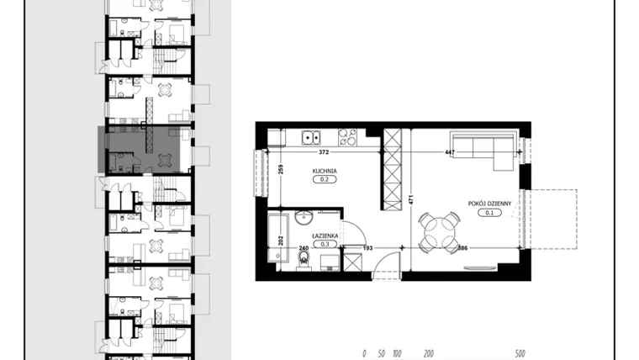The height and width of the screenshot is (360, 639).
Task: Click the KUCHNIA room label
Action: [x=325, y=172]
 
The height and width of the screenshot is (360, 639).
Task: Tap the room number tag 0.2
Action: [x=325, y=179]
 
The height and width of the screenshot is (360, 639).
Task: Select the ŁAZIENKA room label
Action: [x=325, y=236]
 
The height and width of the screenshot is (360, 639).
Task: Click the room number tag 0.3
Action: [x=325, y=244]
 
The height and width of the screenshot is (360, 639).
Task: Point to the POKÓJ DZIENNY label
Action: [x=489, y=204]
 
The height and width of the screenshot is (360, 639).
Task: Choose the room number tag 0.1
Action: [x=489, y=213]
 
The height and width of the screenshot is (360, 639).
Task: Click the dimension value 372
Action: [x=324, y=152]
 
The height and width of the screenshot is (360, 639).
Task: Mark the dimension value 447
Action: [x=450, y=152]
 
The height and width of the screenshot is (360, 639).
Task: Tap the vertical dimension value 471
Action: [x=411, y=200]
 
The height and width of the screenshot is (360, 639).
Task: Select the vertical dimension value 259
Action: [x=280, y=169]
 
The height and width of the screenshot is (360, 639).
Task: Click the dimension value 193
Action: [x=367, y=248]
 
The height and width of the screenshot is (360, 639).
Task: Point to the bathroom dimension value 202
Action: [x=280, y=240]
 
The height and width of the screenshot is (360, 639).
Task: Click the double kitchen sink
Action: [x=311, y=137]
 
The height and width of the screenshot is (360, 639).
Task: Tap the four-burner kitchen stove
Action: [x=347, y=137]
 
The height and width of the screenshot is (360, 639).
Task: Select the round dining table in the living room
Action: [x=440, y=233]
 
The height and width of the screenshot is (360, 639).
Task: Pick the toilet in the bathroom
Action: [x=304, y=260]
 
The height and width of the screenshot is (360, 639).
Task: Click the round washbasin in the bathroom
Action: [x=304, y=218]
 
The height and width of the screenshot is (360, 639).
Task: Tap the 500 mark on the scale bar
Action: [x=520, y=353]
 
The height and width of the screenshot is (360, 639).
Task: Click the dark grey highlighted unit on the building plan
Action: [x=140, y=150]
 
